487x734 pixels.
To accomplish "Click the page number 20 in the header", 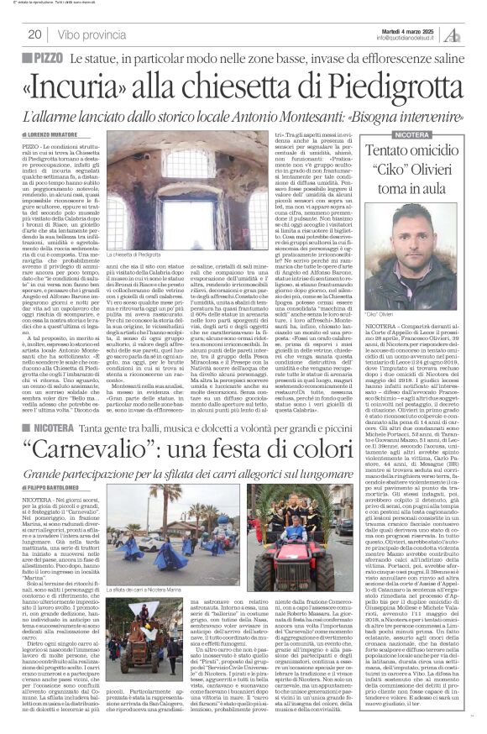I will (x=35, y=34).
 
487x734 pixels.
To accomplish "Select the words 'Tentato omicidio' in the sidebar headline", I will (x=416, y=153).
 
